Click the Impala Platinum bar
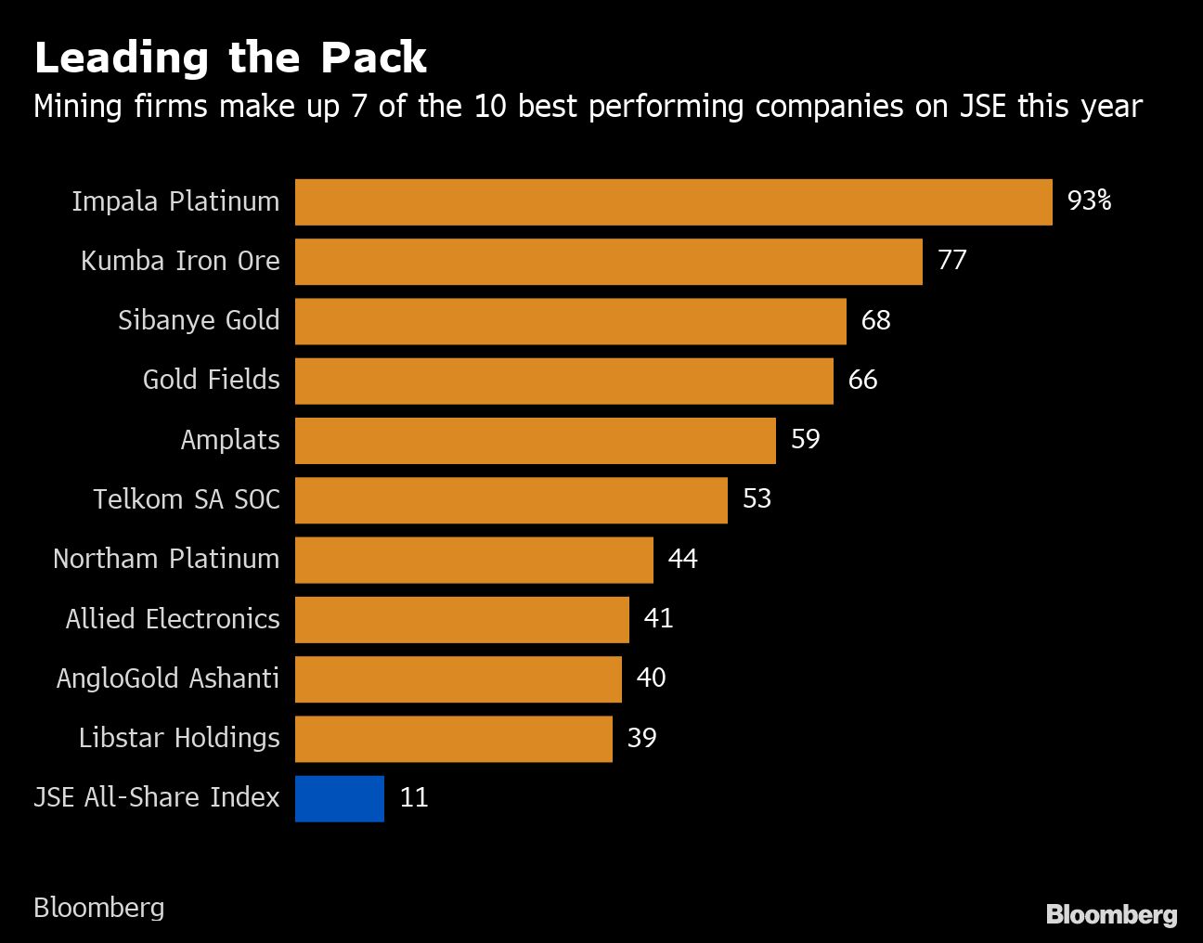point(673,202)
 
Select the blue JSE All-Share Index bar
point(340,798)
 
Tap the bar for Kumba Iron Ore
point(608,262)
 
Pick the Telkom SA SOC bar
point(511,500)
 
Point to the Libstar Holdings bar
point(453,739)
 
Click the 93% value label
point(1089,200)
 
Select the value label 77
point(951,260)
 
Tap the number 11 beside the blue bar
point(414,797)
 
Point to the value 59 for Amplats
point(805,439)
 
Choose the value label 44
point(682,559)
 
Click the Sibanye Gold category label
point(199,320)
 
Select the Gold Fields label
point(211,380)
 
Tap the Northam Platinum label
point(166,559)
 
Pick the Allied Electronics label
point(173,619)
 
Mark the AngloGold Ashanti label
point(168,678)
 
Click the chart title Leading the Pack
point(230,58)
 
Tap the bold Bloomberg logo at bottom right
point(1111,914)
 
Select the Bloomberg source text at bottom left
point(98,907)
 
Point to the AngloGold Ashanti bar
point(458,679)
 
